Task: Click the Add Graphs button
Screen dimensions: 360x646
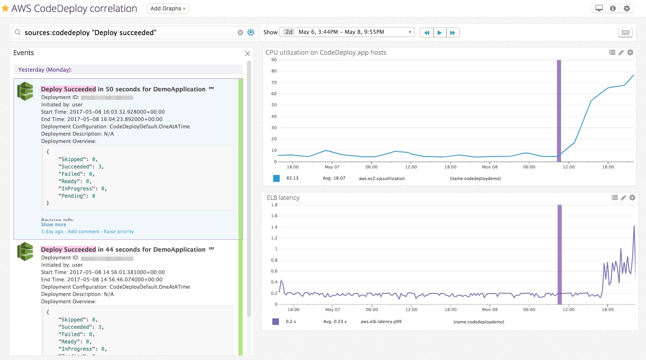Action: click(x=168, y=8)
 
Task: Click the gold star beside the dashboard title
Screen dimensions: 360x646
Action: click(x=5, y=8)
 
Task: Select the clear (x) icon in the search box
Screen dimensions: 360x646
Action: click(x=240, y=33)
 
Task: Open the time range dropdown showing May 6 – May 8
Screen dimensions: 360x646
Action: click(x=347, y=32)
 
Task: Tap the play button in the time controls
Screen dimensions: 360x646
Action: click(x=440, y=33)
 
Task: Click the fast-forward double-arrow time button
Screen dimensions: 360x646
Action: click(x=453, y=33)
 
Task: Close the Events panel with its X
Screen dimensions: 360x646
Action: click(x=248, y=54)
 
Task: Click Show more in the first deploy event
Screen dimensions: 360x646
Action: click(x=54, y=225)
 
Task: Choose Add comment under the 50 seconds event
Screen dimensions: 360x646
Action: click(x=84, y=232)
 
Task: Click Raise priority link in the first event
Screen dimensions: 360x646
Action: click(x=119, y=232)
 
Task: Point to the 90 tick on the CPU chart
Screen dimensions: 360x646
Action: click(x=274, y=60)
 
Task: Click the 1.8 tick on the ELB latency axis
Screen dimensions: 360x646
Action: click(x=274, y=205)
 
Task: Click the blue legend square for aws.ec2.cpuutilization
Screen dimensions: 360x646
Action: click(x=276, y=178)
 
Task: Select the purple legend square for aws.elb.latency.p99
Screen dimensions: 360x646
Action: click(x=275, y=321)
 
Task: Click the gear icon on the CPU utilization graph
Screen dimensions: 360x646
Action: click(x=630, y=52)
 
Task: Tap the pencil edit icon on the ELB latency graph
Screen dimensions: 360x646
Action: click(x=623, y=198)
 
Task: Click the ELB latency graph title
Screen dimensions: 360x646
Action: click(x=283, y=198)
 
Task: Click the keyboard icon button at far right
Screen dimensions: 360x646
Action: click(x=625, y=33)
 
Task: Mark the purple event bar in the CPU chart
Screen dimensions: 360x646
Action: click(x=559, y=108)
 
